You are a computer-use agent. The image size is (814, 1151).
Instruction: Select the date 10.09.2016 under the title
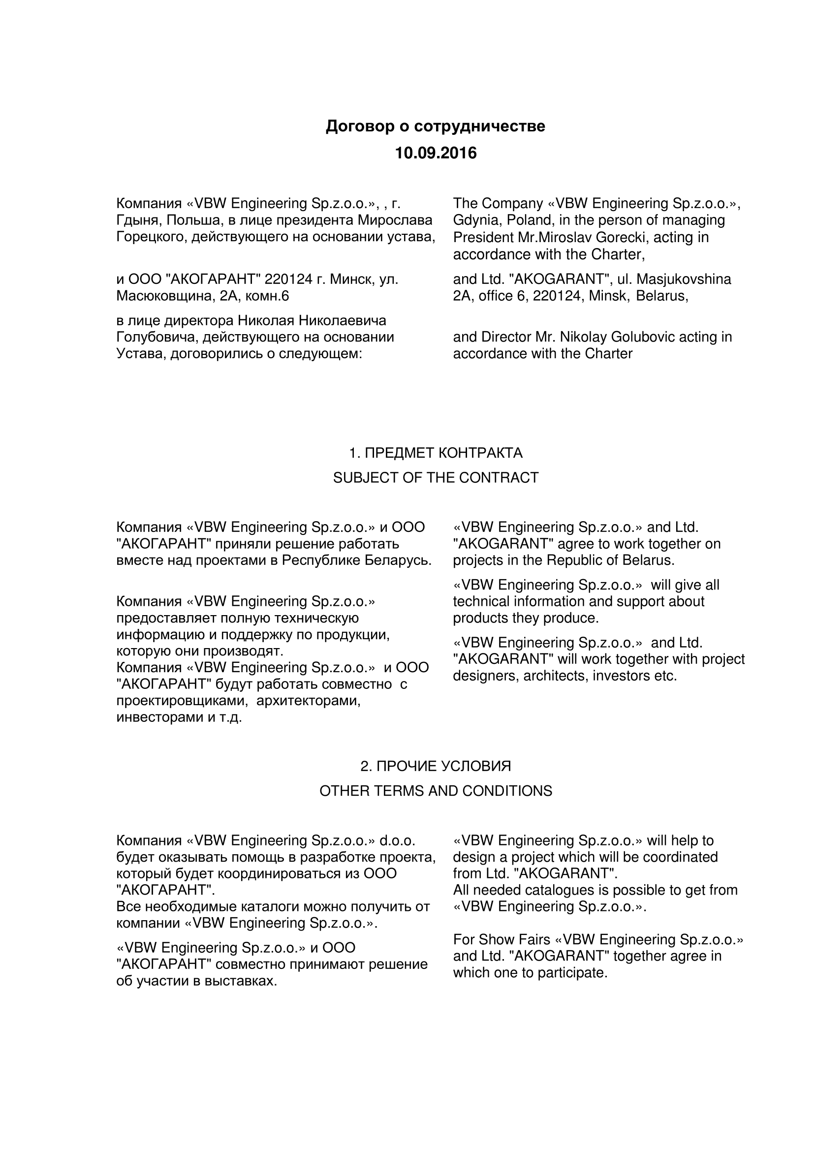point(436,153)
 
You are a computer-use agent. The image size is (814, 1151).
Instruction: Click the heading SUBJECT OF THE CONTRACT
point(436,478)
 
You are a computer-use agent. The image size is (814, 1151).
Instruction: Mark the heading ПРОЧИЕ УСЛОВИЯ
point(443,767)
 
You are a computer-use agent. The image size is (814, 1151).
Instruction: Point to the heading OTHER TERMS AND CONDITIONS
point(436,791)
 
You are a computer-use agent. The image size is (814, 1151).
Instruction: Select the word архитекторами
point(309,700)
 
